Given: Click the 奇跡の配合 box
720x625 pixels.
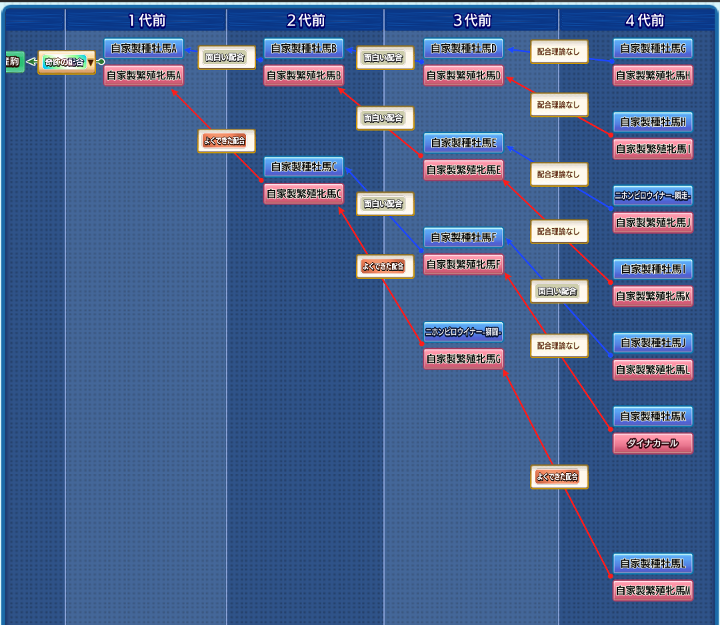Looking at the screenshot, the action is pos(63,63).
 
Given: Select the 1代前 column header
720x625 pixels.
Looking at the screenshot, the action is pos(146,21).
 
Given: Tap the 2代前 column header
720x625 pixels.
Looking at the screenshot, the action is pos(305,21).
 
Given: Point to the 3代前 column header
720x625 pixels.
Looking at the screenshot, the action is pos(471,21).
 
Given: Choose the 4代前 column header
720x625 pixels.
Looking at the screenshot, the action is pos(645,21).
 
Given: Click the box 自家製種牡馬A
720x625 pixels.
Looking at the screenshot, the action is pos(143,49).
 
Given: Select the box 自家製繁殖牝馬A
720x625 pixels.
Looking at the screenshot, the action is pos(144,76).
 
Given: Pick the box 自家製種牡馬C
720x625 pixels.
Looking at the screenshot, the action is pos(303,167).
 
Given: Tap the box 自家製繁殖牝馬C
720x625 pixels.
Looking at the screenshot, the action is pos(304,194).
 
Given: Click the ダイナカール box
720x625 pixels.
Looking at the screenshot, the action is pos(653,444).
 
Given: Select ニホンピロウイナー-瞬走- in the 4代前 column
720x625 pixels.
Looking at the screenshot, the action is pos(653,196).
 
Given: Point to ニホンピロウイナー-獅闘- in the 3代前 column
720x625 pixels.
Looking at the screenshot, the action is pos(463,332).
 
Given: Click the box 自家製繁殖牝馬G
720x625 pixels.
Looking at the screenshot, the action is pos(464,359).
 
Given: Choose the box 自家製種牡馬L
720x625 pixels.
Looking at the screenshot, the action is pos(653,564).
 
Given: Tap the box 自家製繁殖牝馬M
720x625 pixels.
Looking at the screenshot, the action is pos(653,591).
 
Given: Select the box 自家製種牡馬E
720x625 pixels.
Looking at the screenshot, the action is pos(463,143).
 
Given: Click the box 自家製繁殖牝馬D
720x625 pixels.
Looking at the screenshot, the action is pos(464,76).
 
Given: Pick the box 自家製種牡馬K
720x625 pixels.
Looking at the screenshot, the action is pos(653,416).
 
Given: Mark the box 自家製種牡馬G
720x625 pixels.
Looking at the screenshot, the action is pos(653,49).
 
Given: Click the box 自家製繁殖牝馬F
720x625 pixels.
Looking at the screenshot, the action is pos(464,265).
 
